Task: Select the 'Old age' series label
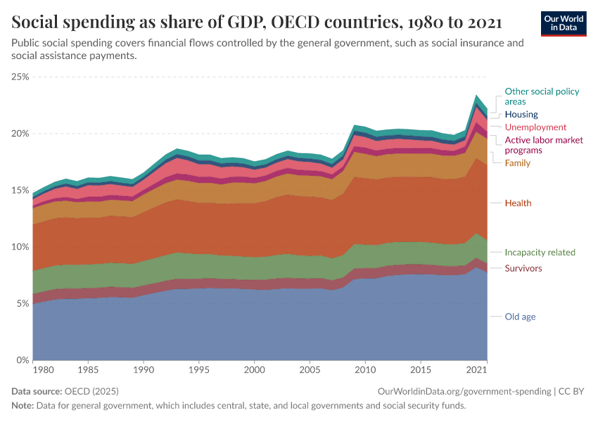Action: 520,316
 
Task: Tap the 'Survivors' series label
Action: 523,269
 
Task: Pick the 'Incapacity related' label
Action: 540,252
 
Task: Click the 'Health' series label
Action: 518,203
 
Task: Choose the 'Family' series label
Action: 518,163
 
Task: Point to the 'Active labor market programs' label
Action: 544,145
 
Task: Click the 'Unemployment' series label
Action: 535,127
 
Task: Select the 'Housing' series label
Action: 521,114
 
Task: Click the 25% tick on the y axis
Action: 20,77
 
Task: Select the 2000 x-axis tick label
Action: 254,369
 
